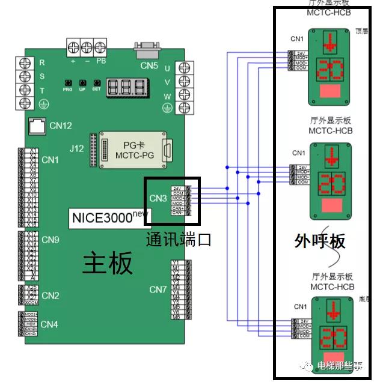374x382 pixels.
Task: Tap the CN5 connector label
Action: point(149,65)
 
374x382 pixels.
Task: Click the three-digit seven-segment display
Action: point(126,88)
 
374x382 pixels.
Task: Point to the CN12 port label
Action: point(61,126)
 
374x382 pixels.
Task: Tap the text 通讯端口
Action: point(179,240)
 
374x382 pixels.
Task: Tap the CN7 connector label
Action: point(158,290)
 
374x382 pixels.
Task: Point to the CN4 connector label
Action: point(49,325)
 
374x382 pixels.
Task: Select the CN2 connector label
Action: point(50,296)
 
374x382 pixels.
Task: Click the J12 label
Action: point(77,148)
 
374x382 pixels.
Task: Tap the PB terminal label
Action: point(101,61)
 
